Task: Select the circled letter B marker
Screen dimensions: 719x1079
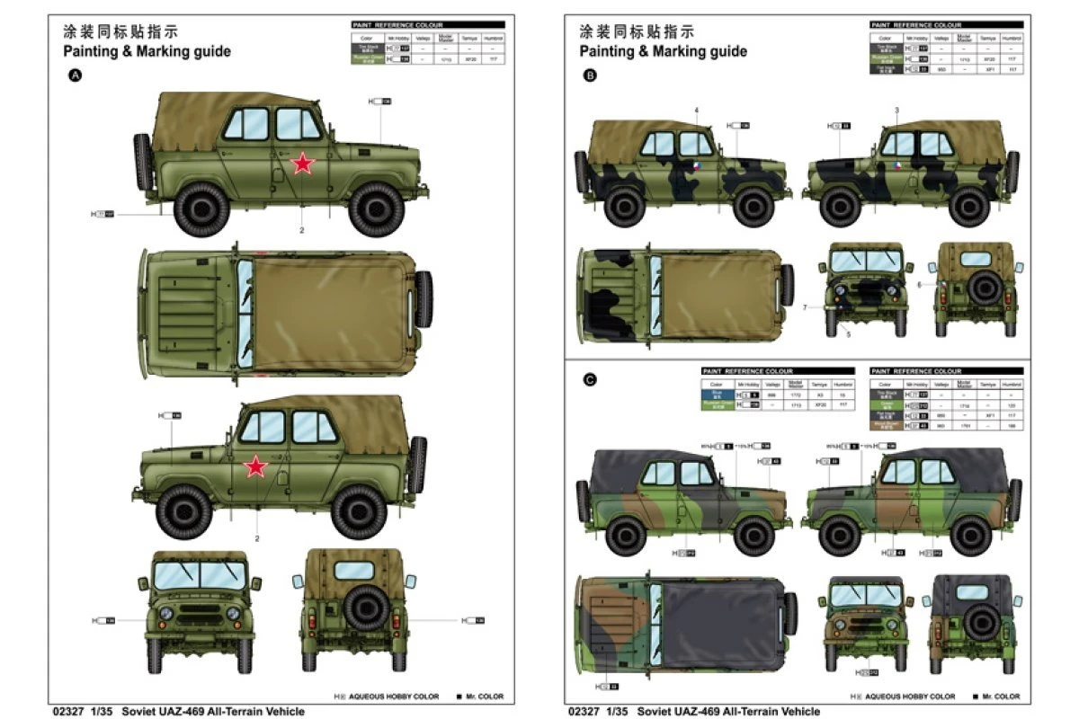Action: click(591, 76)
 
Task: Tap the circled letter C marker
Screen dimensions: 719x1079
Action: click(591, 380)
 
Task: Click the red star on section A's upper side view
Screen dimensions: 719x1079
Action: click(303, 163)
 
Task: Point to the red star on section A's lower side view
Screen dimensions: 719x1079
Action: click(256, 466)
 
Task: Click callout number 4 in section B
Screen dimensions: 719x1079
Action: click(696, 111)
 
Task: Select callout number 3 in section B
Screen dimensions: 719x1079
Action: click(896, 111)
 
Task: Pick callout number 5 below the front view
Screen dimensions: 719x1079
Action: click(847, 334)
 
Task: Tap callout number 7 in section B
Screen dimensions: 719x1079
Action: click(805, 307)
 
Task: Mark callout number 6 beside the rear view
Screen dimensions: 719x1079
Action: click(919, 284)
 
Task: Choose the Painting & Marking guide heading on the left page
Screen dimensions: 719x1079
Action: click(147, 51)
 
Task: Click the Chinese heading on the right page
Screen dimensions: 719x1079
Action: click(637, 31)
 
